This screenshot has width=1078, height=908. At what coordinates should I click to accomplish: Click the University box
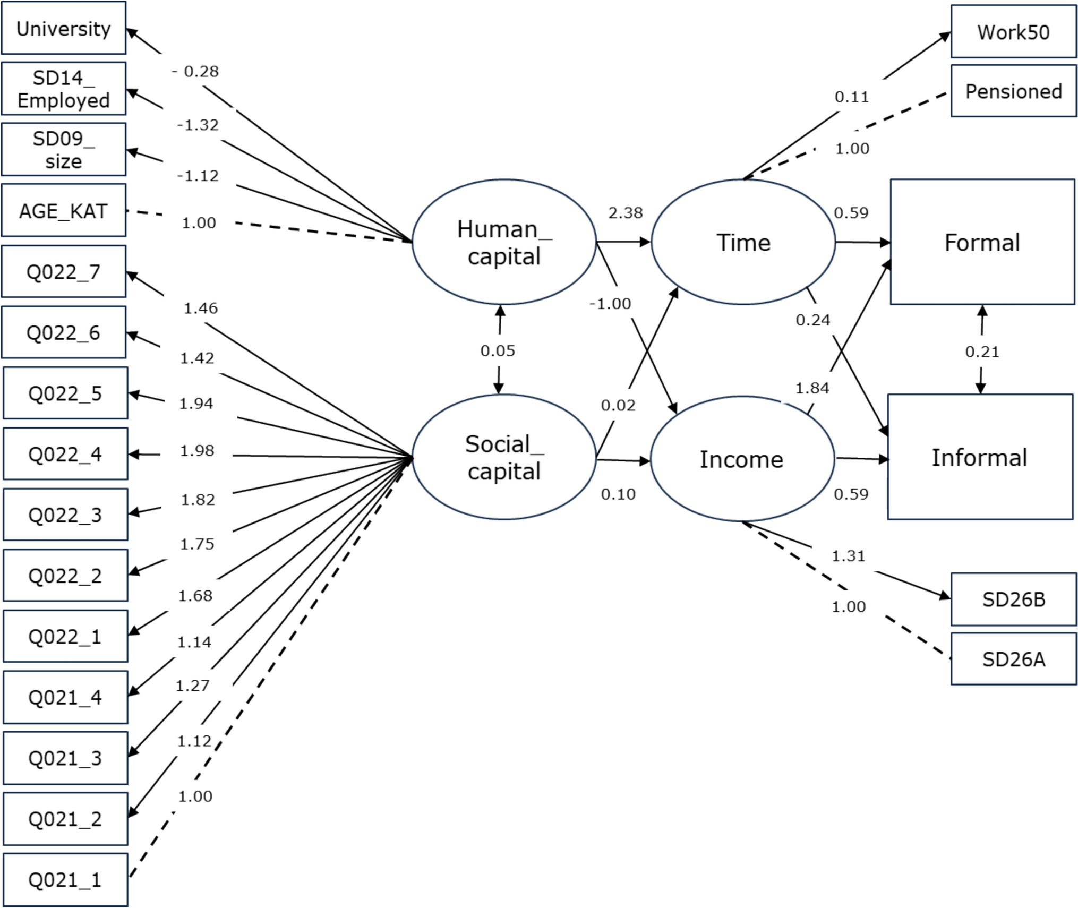click(63, 28)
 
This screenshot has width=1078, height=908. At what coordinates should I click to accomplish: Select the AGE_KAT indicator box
click(63, 211)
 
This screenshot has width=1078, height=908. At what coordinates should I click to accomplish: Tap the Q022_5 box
click(65, 393)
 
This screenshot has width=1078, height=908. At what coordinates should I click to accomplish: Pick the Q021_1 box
click(65, 880)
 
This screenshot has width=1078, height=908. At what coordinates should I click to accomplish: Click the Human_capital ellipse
click(503, 242)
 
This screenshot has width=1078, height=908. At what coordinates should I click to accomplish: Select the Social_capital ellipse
click(503, 457)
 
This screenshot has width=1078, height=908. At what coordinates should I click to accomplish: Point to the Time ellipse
click(743, 242)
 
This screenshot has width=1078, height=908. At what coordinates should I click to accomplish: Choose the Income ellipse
click(742, 459)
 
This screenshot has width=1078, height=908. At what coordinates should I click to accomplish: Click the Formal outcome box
click(982, 242)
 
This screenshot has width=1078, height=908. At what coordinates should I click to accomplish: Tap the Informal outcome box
click(980, 457)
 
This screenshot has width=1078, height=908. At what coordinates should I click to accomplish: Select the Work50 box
click(1013, 32)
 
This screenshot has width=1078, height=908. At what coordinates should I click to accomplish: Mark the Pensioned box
click(1013, 91)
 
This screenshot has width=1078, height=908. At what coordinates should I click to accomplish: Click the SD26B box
click(1013, 599)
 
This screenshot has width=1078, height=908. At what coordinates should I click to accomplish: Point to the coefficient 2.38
click(626, 213)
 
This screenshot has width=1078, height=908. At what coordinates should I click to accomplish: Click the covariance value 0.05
click(498, 351)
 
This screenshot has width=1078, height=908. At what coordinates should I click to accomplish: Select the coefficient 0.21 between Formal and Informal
click(982, 352)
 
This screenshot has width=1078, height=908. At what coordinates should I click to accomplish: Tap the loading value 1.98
click(197, 451)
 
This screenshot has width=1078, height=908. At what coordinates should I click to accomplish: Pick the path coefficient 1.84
click(812, 388)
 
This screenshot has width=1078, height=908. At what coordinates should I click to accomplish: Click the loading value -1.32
click(198, 125)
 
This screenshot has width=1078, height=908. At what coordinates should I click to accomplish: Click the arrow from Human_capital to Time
click(623, 242)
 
